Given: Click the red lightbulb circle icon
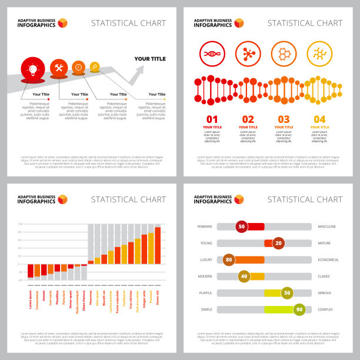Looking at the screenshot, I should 32,69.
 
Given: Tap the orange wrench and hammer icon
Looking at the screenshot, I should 59,68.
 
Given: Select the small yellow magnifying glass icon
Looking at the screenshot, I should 95,67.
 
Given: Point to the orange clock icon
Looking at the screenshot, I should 78,68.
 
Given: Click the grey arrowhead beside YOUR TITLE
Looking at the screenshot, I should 139,71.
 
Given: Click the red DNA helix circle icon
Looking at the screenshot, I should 212,54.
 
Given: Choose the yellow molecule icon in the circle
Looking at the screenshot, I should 319,54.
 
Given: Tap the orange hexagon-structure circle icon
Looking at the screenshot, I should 283,54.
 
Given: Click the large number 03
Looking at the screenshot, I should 284,119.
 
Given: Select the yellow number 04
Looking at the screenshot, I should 319,119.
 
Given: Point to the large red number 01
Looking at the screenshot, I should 212,119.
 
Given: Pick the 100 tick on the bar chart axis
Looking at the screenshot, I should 21,224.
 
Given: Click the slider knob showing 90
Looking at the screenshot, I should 299,309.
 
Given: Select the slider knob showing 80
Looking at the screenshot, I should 229,259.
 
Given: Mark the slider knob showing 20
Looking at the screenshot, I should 278,243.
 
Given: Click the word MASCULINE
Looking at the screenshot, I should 327,226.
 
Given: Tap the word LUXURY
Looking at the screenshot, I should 206,259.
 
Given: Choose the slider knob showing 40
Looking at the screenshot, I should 244,276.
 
